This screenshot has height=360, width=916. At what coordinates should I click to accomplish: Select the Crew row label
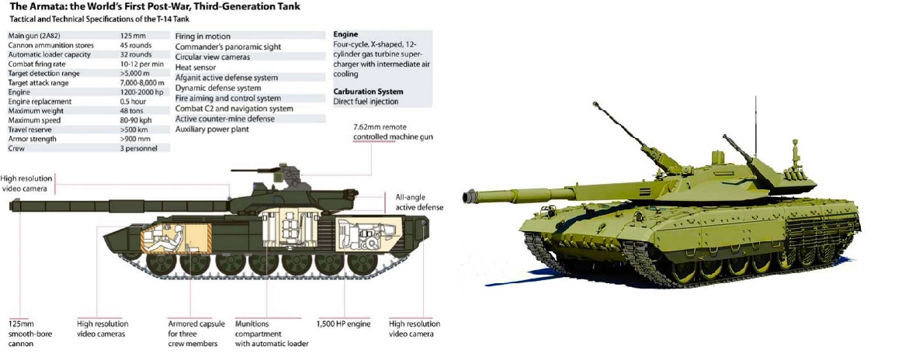pos(16,148)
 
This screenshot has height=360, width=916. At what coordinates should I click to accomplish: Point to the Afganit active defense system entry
pos(227,78)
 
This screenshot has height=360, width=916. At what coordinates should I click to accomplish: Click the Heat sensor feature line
pos(196,67)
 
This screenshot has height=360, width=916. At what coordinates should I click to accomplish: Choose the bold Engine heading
pos(345,34)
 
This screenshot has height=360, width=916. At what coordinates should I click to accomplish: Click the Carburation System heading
pos(368,92)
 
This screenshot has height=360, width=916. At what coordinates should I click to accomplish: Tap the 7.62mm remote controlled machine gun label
pos(393,132)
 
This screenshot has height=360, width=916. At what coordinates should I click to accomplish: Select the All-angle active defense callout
pos(419,202)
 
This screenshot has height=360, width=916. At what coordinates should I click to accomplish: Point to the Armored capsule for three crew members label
pos(193,333)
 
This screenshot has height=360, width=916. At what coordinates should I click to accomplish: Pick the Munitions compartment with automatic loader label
pos(272,333)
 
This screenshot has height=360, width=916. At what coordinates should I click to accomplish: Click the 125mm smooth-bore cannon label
pos(21,333)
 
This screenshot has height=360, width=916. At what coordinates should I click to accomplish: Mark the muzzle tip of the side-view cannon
pos(11,205)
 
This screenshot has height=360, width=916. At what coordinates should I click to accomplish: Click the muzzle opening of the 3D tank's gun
pos(467,198)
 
